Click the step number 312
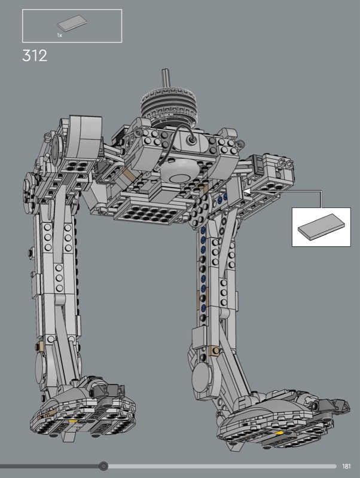(35, 56)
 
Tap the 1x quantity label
(59, 35)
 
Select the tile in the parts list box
(72, 23)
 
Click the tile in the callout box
(321, 227)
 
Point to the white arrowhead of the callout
(246, 191)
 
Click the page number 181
(346, 466)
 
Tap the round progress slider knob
(103, 466)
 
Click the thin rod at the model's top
(166, 78)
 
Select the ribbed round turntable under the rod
(172, 105)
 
